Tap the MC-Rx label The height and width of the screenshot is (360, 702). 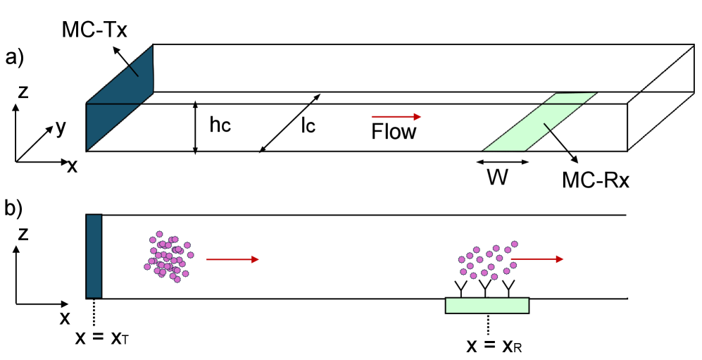coord(594,180)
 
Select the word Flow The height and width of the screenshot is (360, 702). coord(394,132)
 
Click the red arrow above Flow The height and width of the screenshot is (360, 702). coord(396,116)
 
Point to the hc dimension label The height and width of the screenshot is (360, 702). coord(220,125)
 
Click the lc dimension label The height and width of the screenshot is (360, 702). coord(308,126)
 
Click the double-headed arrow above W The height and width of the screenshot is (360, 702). coord(501,161)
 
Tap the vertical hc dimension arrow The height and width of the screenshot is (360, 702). coord(196,128)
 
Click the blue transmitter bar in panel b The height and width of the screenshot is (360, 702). coord(94,256)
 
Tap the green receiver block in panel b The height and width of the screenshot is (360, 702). coord(487,305)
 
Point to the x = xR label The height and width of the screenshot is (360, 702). coord(493,345)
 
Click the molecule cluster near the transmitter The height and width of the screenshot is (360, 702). coord(169,256)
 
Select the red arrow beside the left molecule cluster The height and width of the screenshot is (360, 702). coord(232,259)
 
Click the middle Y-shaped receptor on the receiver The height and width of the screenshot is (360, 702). coord(484,288)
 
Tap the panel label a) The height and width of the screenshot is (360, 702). coord(15,58)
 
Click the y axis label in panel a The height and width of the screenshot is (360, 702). coord(61,127)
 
